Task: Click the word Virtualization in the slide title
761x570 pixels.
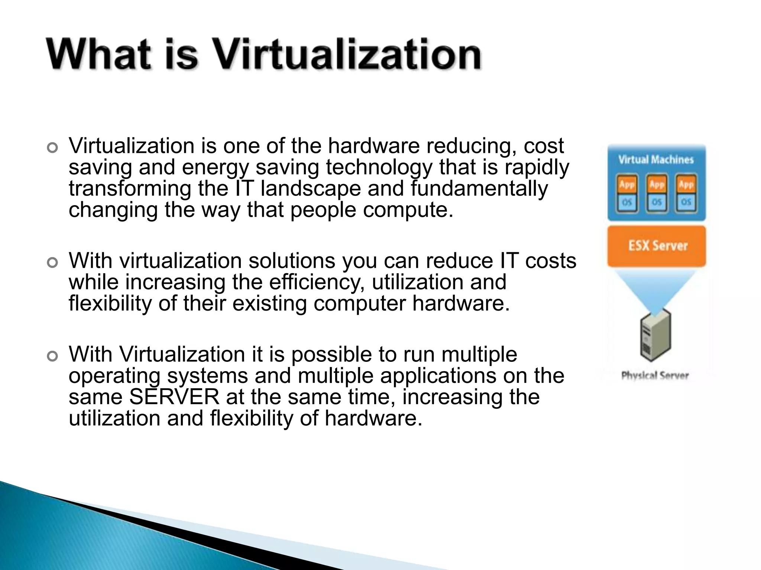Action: pos(348,55)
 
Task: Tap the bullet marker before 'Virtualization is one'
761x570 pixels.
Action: pos(53,148)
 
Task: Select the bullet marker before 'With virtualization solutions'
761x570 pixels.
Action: pos(53,263)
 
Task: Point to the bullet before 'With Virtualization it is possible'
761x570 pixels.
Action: pos(53,357)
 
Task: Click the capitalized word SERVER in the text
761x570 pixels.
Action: pos(174,397)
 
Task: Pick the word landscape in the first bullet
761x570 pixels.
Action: pos(311,189)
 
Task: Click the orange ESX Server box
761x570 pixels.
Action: pos(657,246)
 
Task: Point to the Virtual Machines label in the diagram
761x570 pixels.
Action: pos(656,160)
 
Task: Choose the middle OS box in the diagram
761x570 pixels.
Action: pos(657,202)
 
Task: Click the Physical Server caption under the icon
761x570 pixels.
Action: pos(655,376)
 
